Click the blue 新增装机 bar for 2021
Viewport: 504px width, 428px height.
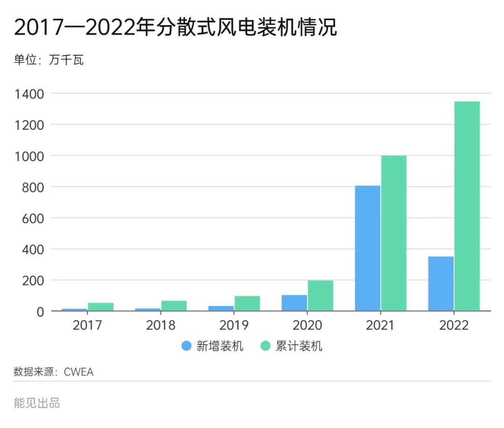368,248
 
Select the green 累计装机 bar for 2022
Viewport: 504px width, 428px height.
467,206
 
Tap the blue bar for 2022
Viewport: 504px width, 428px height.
441,283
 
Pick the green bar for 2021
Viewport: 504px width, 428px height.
394,233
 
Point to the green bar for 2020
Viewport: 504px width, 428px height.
321,296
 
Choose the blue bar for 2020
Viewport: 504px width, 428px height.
294,303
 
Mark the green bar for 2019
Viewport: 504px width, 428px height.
247,304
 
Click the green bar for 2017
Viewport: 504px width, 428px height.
101,307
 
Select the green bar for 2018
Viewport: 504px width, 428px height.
174,306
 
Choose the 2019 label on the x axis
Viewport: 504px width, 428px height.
234,325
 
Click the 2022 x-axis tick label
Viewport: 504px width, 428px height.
454,325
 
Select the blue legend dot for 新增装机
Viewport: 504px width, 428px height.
187,346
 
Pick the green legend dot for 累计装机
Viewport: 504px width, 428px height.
266,346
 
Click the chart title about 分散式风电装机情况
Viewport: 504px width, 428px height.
175,28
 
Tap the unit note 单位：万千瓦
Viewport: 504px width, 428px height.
49,60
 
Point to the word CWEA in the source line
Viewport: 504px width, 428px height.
78,372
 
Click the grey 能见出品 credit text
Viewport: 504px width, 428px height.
37,403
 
